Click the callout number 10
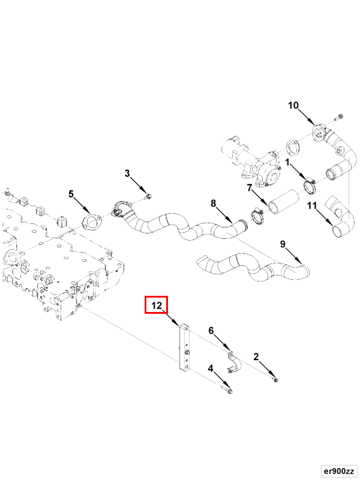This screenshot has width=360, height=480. [293, 106]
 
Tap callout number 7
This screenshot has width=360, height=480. [249, 188]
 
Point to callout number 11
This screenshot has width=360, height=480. [312, 206]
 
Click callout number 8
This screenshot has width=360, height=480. [213, 203]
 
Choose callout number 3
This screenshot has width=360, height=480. [127, 173]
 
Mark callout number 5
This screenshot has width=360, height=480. [71, 194]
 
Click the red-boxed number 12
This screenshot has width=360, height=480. [156, 305]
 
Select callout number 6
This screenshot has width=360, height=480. [211, 330]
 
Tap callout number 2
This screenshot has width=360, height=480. [256, 357]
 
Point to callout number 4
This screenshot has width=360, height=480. [211, 368]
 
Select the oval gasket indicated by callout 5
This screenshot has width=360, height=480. [91, 221]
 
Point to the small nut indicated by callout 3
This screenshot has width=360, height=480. [148, 196]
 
